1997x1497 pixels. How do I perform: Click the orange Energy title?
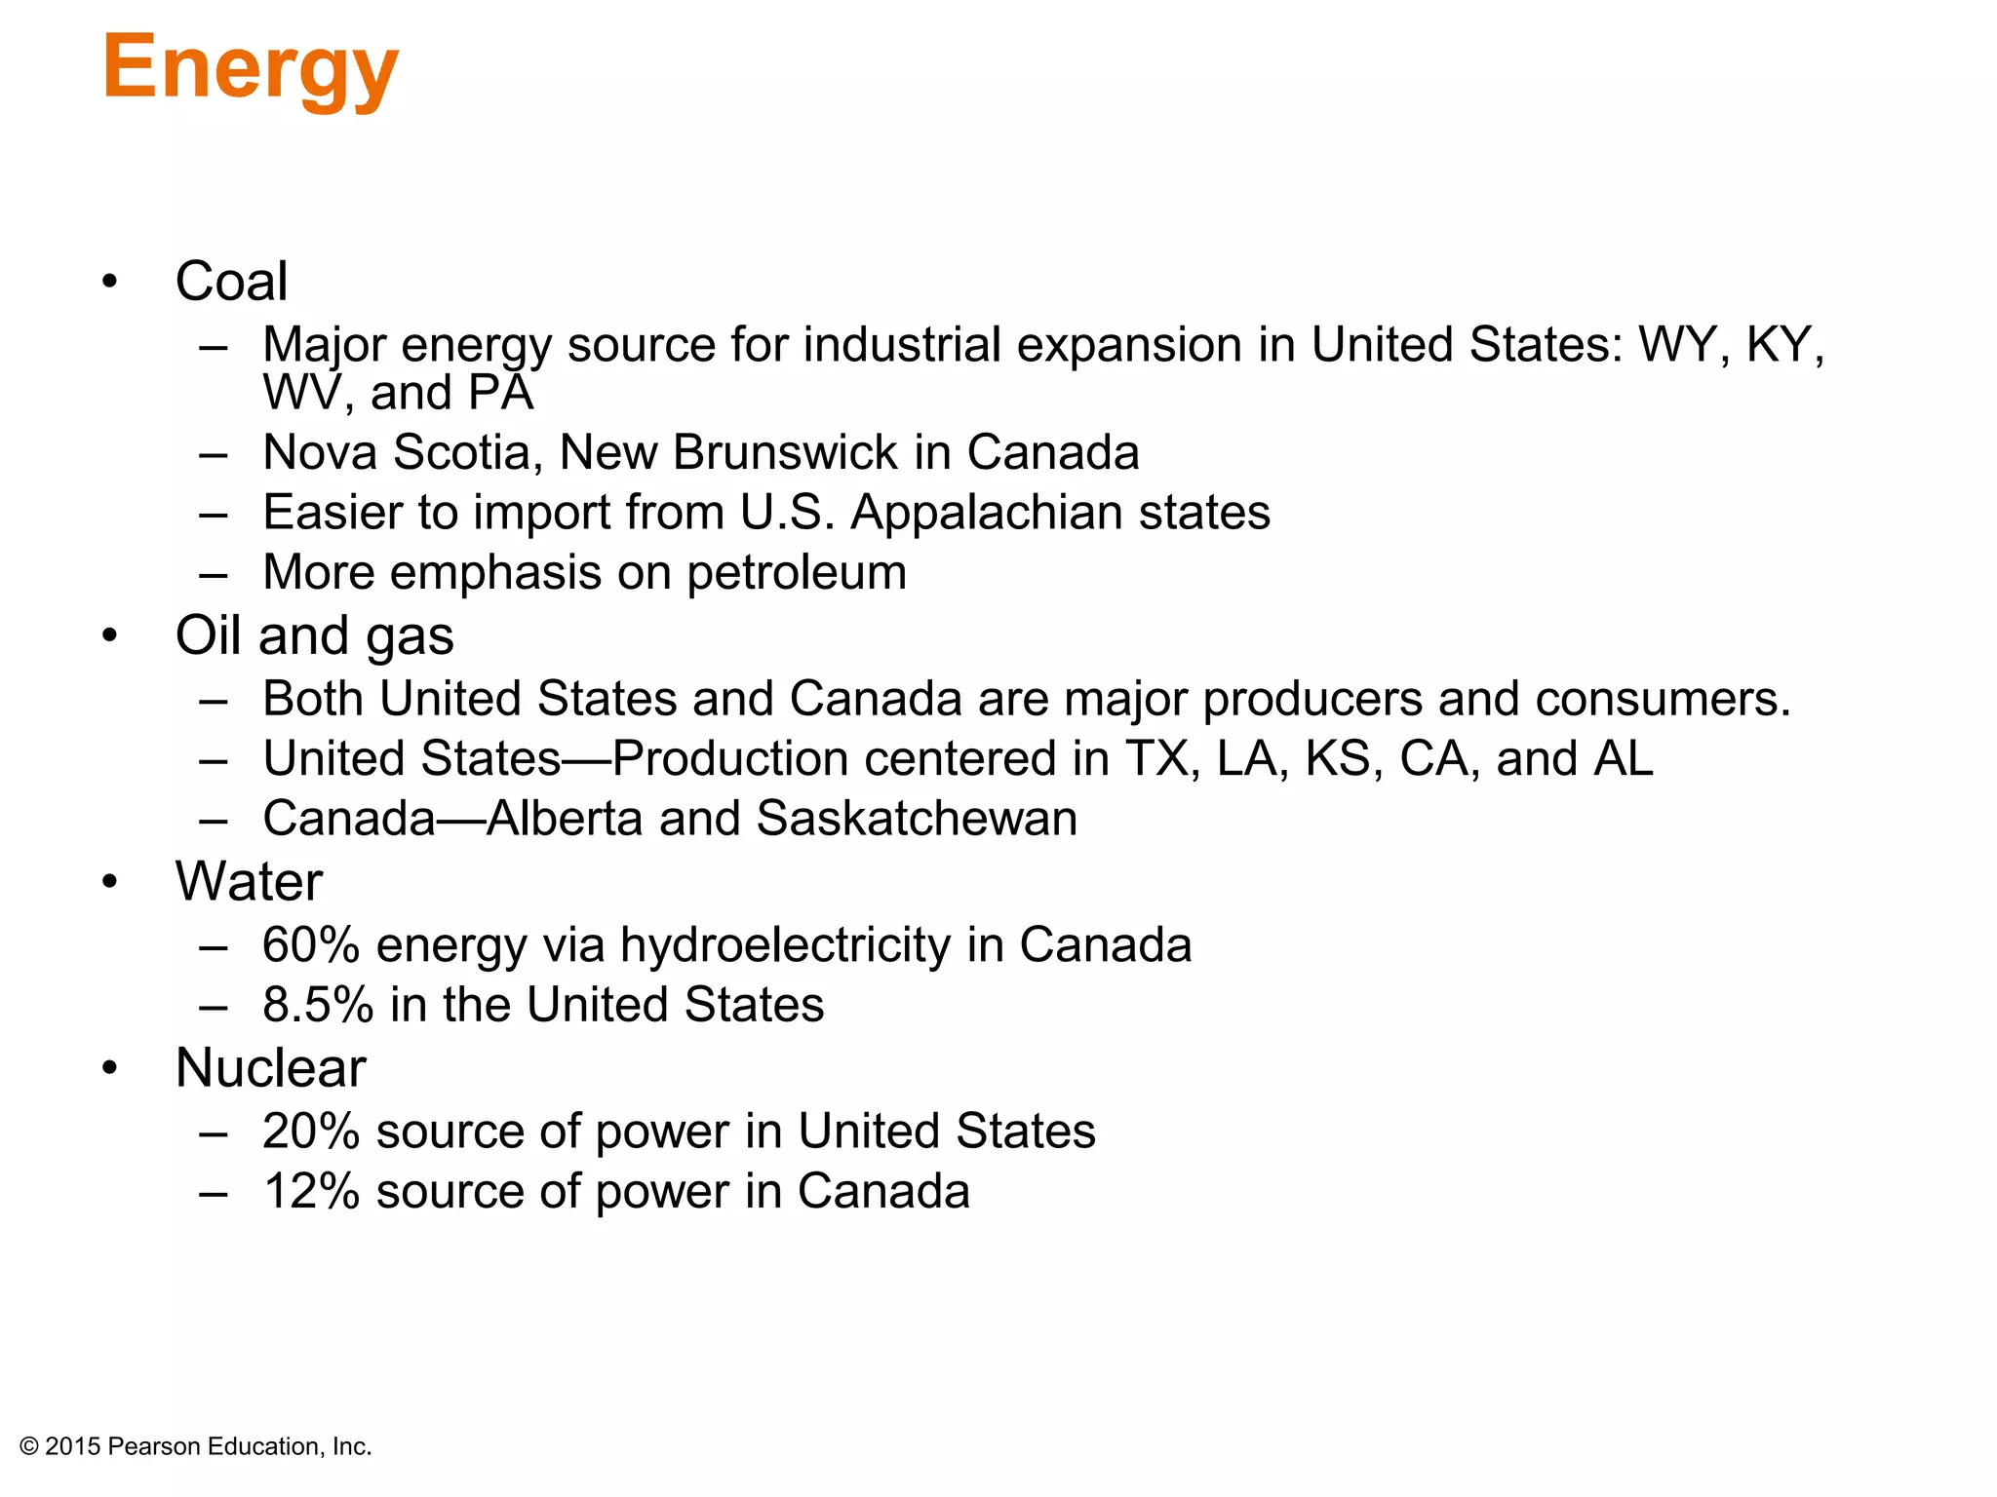(x=250, y=68)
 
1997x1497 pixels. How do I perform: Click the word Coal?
(x=231, y=282)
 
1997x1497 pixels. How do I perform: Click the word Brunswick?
(x=785, y=453)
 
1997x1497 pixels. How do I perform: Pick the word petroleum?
(x=797, y=573)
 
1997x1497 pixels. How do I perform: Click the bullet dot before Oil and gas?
(x=109, y=635)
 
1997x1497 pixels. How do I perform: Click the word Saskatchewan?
(x=917, y=819)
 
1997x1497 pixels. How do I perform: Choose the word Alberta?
(x=565, y=819)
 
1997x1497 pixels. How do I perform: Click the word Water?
(x=249, y=882)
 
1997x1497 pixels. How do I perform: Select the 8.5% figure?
(x=318, y=1005)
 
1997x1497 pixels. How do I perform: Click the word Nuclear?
(x=270, y=1068)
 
